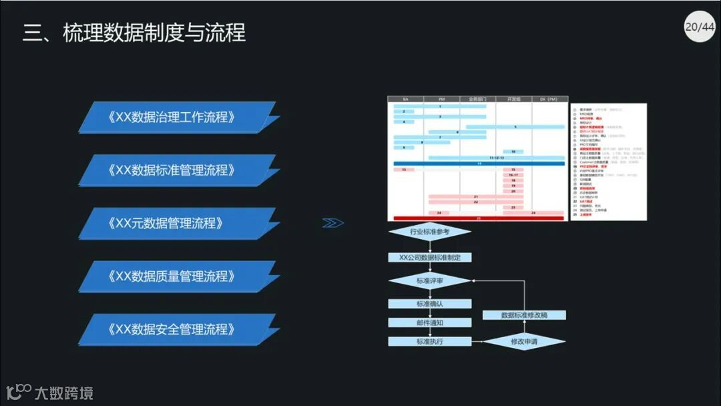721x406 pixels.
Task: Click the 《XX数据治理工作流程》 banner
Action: click(176, 117)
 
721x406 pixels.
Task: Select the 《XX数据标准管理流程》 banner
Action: click(176, 170)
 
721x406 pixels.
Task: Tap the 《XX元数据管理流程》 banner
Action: click(176, 223)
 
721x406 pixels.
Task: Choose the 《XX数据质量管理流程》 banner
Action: click(176, 276)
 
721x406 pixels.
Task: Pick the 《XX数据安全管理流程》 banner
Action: click(176, 329)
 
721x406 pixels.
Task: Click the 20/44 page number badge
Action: click(699, 27)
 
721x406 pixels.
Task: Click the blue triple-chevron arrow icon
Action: click(332, 223)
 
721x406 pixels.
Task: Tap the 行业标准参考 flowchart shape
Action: click(429, 232)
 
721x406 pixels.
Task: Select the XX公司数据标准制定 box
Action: click(429, 257)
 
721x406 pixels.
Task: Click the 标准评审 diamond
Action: click(429, 281)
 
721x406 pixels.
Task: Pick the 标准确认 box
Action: click(429, 304)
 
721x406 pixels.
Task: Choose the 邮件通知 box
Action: click(429, 323)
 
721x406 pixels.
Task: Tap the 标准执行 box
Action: click(429, 341)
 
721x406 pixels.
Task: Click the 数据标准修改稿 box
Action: click(524, 315)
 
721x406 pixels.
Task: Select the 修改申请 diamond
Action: click(524, 341)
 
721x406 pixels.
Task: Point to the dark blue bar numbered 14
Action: click(479, 163)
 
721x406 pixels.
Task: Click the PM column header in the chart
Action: click(441, 99)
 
